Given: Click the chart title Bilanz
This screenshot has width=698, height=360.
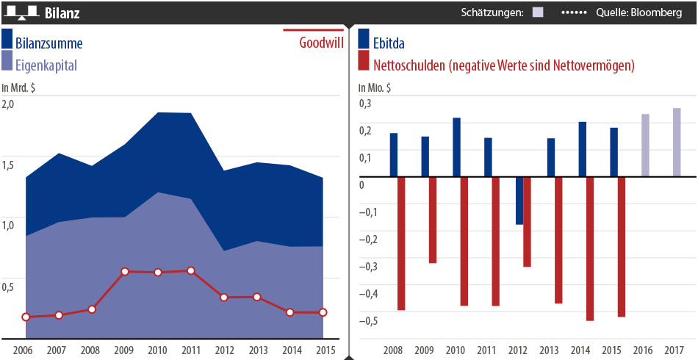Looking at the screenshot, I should (62, 13).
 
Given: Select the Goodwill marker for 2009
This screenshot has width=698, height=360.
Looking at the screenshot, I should (125, 272).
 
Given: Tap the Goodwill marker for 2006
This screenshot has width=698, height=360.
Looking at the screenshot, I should (26, 317).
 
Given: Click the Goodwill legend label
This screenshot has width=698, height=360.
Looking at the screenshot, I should (321, 43).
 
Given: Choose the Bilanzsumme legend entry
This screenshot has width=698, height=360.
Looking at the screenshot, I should (48, 43).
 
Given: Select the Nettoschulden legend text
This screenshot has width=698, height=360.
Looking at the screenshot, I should (504, 65).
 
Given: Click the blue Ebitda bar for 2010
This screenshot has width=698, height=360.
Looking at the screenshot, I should (456, 147).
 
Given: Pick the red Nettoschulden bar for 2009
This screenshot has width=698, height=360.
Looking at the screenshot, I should (433, 220).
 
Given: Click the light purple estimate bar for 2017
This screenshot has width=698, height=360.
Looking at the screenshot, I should (677, 143).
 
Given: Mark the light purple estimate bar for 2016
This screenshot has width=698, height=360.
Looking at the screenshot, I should (645, 145).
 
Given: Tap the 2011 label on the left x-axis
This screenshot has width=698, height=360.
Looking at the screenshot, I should (191, 350).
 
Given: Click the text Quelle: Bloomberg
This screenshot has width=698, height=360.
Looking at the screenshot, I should (638, 12).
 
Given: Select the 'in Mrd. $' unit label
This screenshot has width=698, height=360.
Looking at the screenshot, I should (19, 88).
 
